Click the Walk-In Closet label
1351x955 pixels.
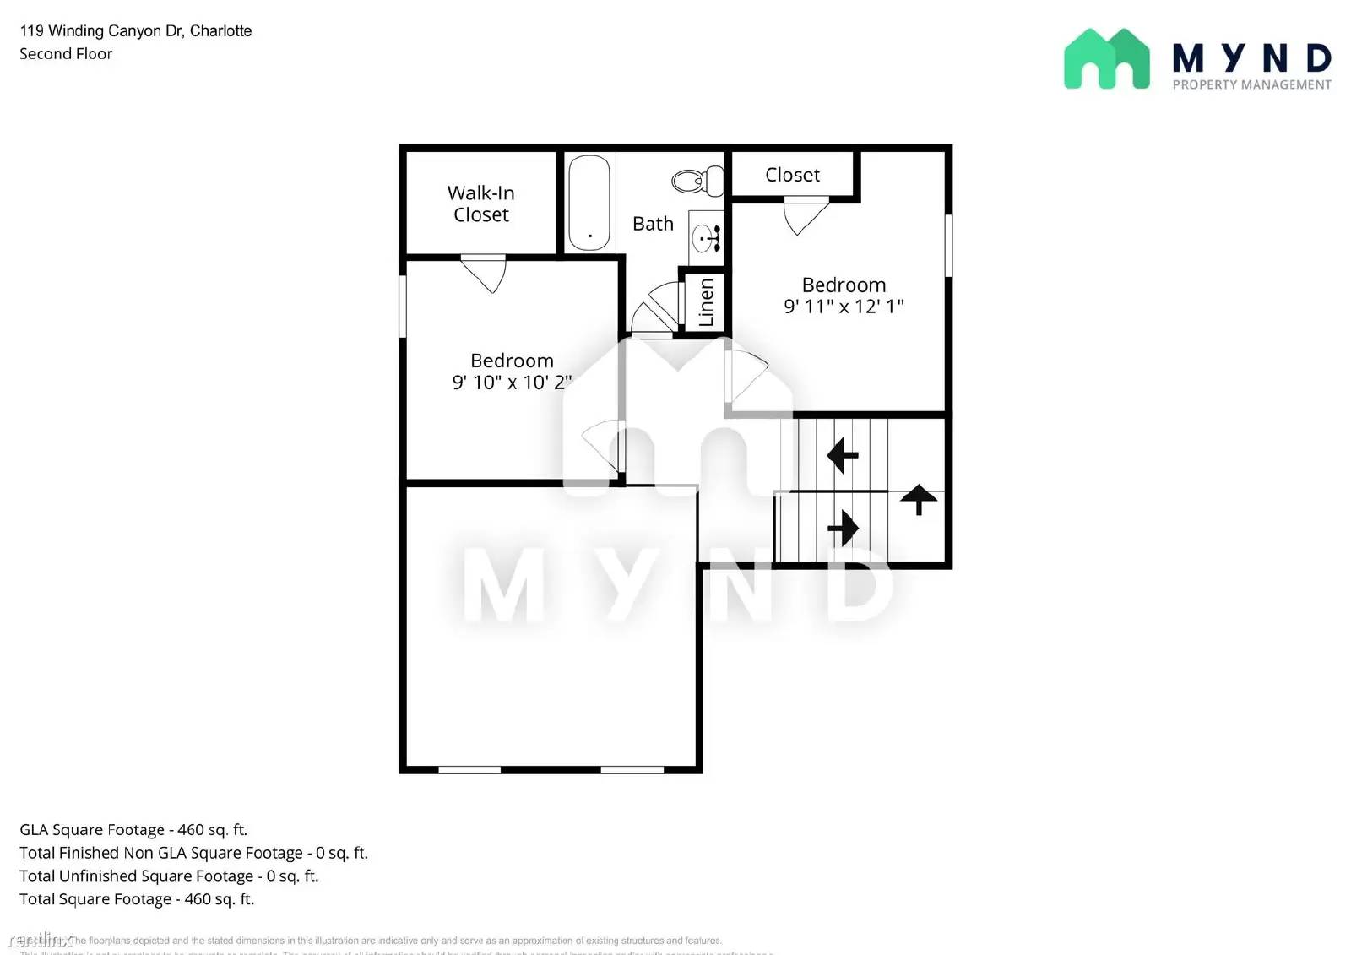tap(480, 203)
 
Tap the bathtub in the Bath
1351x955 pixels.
tap(589, 203)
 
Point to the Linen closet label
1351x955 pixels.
tap(706, 301)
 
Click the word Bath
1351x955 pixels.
tap(653, 224)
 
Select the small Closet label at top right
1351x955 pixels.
tap(792, 175)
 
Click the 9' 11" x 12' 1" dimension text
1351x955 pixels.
tap(844, 307)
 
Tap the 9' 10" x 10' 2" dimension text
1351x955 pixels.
tap(512, 383)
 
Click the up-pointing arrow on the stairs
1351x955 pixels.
tap(919, 499)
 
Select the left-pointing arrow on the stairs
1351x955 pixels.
tap(842, 455)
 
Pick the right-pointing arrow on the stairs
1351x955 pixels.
tap(843, 529)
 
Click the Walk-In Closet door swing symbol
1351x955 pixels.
tap(485, 273)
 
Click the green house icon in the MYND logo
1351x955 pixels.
tap(1106, 59)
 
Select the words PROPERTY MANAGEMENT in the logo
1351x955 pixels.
tap(1251, 84)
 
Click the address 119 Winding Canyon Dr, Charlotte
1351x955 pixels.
tap(136, 31)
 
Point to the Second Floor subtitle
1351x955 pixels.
tap(66, 54)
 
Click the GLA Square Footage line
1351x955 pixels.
tap(133, 830)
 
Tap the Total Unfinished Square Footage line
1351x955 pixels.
tap(169, 876)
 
